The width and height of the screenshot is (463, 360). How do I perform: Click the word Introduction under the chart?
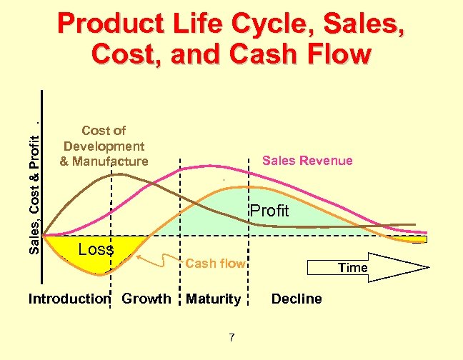(69, 299)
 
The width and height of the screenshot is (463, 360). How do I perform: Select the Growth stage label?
(146, 299)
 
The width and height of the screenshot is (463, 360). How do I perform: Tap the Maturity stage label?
(213, 299)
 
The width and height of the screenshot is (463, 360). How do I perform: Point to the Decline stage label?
(297, 299)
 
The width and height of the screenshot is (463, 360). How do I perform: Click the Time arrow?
(367, 267)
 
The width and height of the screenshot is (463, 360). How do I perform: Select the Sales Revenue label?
(307, 161)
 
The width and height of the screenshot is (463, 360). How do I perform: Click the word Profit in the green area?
(269, 211)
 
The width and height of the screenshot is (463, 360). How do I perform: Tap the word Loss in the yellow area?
(96, 249)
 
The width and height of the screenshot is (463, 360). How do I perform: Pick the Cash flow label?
(215, 264)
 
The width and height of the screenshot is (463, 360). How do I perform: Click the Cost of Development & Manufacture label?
(104, 146)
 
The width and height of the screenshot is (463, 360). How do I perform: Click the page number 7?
(231, 337)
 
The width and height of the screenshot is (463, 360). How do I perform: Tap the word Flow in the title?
(337, 54)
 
